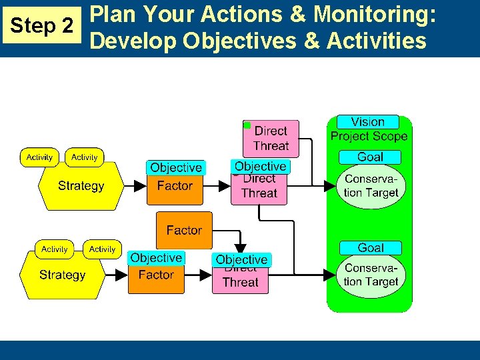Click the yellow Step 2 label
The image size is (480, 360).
point(43,26)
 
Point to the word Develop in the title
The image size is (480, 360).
point(133,41)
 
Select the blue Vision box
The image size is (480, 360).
point(367,122)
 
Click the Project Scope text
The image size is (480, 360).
point(369,136)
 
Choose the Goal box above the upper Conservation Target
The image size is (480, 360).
point(370,157)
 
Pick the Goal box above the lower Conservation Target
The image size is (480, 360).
point(370,247)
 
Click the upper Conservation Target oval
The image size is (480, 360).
point(371,186)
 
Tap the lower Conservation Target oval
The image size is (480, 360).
point(371,275)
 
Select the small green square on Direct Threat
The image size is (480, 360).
point(247,125)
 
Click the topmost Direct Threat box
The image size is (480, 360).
point(271,139)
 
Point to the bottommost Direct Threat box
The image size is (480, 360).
point(240,281)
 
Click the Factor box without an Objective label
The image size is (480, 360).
point(184,230)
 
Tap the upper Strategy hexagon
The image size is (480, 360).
point(81,186)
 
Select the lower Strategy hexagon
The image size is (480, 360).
point(62,275)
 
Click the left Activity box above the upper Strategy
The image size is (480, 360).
point(39,157)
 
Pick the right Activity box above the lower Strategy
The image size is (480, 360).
point(102,249)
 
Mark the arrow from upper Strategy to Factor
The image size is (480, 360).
point(135,186)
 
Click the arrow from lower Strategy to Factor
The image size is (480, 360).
point(116,275)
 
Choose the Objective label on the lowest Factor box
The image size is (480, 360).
point(156,258)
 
